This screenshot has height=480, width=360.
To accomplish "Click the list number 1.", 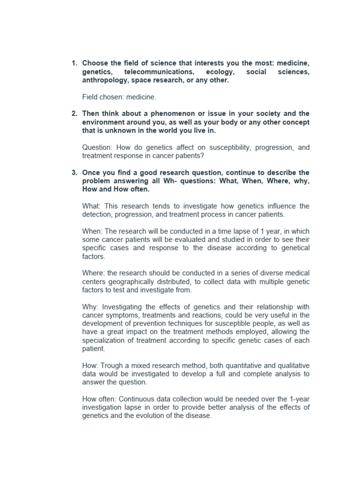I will tap(74, 63).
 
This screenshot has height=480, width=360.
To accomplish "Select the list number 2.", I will tap(74, 114).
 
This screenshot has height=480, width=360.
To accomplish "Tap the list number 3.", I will tap(74, 173).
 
